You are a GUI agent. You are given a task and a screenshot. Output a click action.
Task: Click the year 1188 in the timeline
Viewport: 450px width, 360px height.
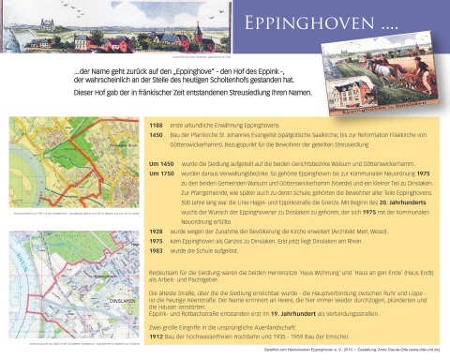(157, 125)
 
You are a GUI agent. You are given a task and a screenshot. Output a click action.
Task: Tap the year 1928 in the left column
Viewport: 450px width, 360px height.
(157, 231)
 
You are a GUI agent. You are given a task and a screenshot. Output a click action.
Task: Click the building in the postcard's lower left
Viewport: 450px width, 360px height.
(350, 89)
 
